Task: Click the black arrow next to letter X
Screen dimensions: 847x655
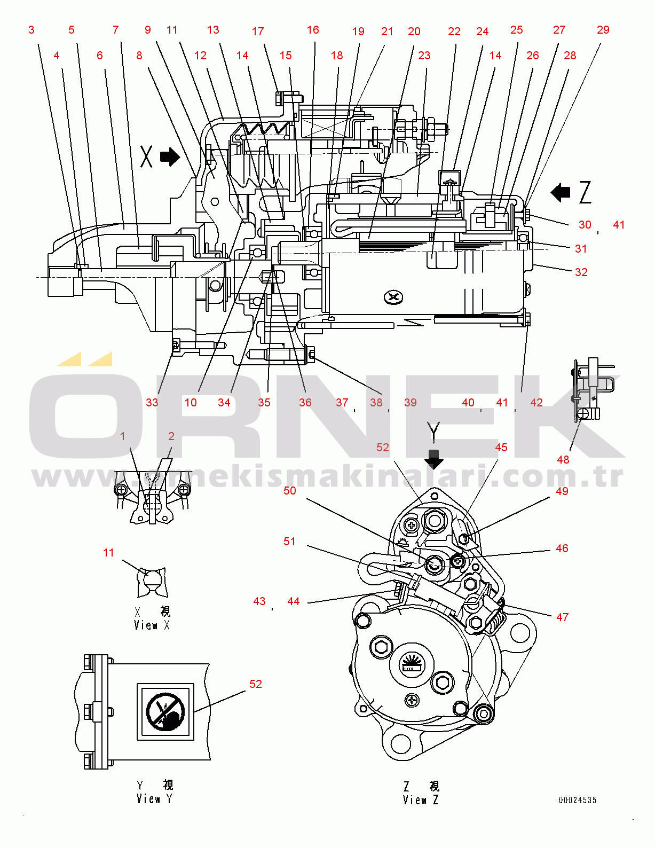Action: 170,156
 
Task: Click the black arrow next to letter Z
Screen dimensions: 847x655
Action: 561,192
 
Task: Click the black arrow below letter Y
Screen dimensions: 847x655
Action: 433,459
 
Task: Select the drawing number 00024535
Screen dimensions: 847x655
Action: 577,800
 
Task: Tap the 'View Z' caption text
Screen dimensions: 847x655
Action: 421,800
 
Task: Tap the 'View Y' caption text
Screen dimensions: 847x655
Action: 154,799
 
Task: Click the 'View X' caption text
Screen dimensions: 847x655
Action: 152,625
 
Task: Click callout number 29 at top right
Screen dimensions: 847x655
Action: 603,30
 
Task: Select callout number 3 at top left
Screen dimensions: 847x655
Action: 31,30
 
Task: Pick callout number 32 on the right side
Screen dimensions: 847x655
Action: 581,272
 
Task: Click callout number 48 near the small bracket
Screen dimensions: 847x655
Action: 563,459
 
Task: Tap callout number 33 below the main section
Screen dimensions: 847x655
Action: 152,403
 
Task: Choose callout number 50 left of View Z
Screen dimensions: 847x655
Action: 289,490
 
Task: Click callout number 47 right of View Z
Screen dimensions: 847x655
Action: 562,617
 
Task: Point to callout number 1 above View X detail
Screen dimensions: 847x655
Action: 123,436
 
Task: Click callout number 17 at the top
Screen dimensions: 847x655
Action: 258,32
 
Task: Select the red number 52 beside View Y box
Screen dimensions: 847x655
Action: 256,684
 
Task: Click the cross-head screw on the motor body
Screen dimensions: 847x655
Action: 394,297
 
